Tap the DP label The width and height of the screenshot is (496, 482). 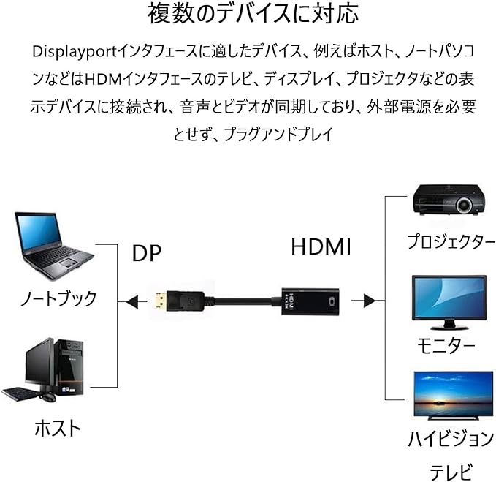[147, 252]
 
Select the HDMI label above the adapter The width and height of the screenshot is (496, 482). [321, 247]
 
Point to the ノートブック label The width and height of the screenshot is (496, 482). [58, 298]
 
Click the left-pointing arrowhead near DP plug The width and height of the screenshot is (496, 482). [131, 299]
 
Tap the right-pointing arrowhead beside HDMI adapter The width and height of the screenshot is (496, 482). [369, 300]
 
